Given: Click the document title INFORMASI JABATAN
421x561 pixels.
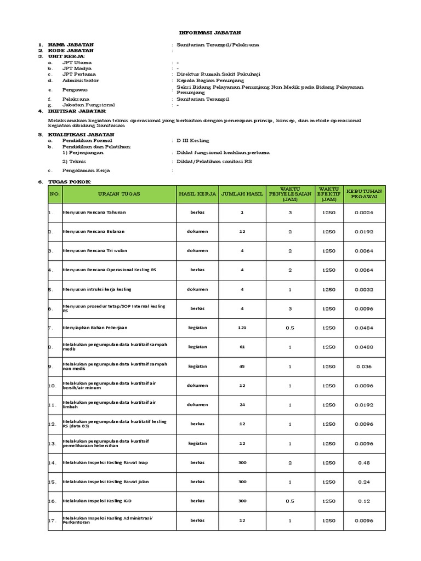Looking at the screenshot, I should pos(211,33).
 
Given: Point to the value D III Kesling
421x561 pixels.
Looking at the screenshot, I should pos(192,141).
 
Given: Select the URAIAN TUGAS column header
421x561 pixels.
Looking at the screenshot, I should pos(119,194).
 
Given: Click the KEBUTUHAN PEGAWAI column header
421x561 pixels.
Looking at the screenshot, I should pos(364,194).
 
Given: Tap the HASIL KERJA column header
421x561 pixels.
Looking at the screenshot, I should pos(197,194).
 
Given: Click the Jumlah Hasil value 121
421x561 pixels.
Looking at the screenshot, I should pos(242,328).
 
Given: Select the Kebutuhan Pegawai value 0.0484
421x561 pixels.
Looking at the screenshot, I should pos(364,328).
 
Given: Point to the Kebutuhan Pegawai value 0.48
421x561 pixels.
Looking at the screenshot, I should pos(364,463).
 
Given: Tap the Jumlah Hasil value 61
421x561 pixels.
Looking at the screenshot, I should pos(242,347).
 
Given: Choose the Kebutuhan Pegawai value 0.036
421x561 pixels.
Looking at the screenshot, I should pos(364,367).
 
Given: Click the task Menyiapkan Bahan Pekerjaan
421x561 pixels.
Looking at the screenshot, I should pos(95,328).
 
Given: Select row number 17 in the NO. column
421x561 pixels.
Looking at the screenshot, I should pos(53,520).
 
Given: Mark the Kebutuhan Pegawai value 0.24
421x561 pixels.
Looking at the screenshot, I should pos(364,482).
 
